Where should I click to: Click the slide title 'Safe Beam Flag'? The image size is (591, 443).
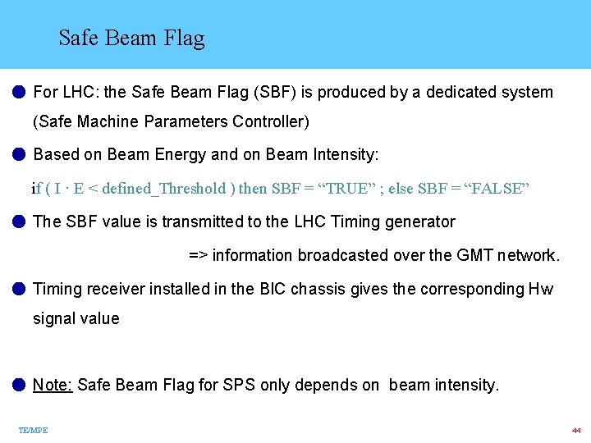click(131, 39)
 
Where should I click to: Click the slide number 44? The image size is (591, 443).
click(576, 430)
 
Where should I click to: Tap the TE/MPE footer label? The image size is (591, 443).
click(33, 430)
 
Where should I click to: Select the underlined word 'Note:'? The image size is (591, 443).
click(53, 385)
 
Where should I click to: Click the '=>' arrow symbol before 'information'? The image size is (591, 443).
click(198, 255)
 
